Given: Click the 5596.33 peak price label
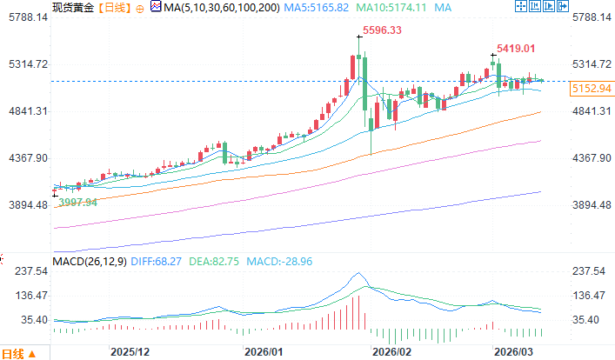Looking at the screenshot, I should (383, 30).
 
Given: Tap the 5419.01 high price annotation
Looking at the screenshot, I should (515, 50).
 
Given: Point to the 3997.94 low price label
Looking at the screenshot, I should (78, 202).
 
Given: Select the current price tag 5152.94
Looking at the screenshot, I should (591, 89).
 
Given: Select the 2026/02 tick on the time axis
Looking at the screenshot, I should (391, 351).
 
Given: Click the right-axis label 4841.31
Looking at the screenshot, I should (591, 111).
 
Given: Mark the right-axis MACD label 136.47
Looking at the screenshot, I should (588, 297).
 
